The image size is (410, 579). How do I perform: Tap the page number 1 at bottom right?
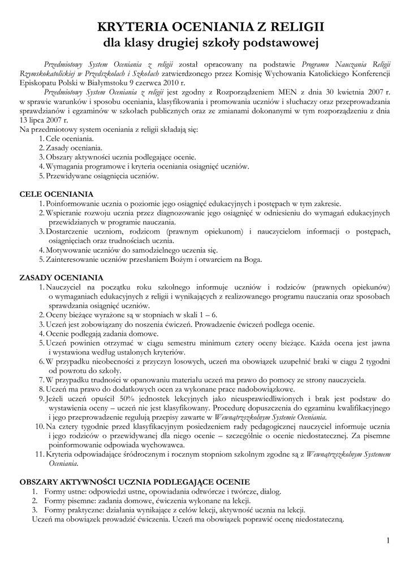tap(388, 541)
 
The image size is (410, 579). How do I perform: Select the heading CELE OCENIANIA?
tap(57, 194)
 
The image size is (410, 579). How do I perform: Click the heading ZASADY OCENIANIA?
tap(61, 278)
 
